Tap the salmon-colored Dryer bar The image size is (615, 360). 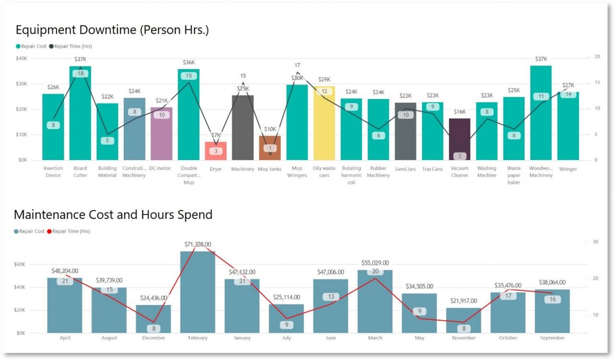216,151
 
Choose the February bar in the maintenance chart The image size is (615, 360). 197,293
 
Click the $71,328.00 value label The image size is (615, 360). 198,245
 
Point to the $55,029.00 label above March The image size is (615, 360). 375,263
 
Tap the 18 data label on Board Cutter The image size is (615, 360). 80,74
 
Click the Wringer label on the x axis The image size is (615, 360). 568,169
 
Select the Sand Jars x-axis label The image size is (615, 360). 406,169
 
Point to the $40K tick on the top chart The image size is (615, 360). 22,58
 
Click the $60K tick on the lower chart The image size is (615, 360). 20,264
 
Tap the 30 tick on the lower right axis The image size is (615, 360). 595,242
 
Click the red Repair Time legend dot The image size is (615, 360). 49,231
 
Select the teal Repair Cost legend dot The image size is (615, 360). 18,47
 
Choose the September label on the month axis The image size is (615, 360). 552,338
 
